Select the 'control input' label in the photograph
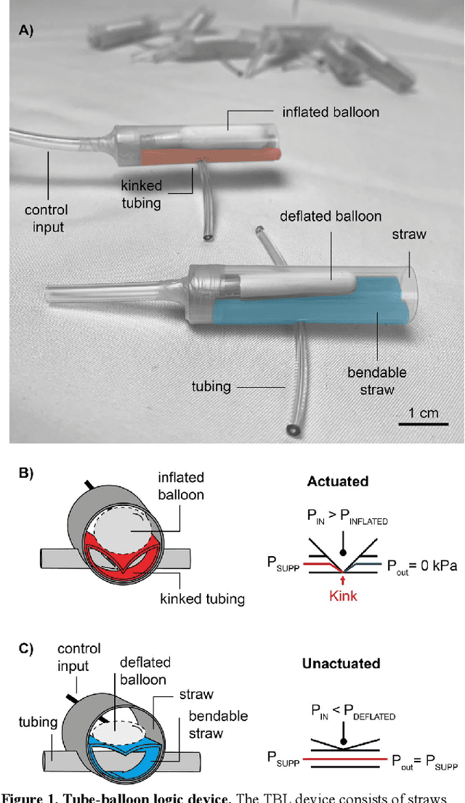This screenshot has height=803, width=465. coord(45,219)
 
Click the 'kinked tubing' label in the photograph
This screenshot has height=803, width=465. coord(141,194)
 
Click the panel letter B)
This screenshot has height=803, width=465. coord(27,472)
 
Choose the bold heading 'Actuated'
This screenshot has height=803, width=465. coord(338,481)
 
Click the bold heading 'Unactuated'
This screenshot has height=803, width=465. coord(344,664)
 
